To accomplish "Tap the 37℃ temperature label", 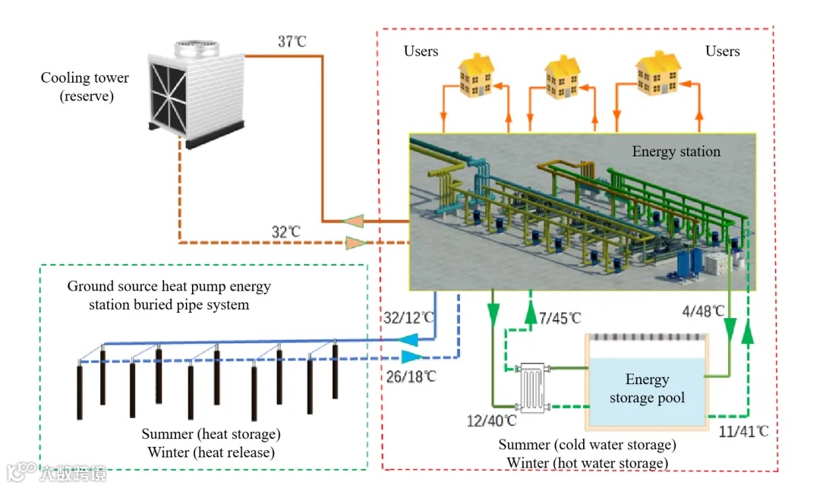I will coord(292,42).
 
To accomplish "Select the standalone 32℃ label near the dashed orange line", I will coord(286,231).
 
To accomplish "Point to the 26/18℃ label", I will coord(409,376).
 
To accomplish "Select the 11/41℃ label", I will coord(743,432).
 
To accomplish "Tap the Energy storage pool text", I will coord(647,389).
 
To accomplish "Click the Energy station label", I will coord(676,152).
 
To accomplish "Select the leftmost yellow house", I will coord(477,74).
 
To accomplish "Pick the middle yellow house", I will coord(563,76).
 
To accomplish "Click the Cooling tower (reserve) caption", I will coord(84,87).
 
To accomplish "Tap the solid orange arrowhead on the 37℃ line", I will coord(352,222).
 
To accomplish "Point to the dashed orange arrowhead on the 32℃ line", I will coord(354,243).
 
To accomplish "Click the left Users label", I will coord(421,52).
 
